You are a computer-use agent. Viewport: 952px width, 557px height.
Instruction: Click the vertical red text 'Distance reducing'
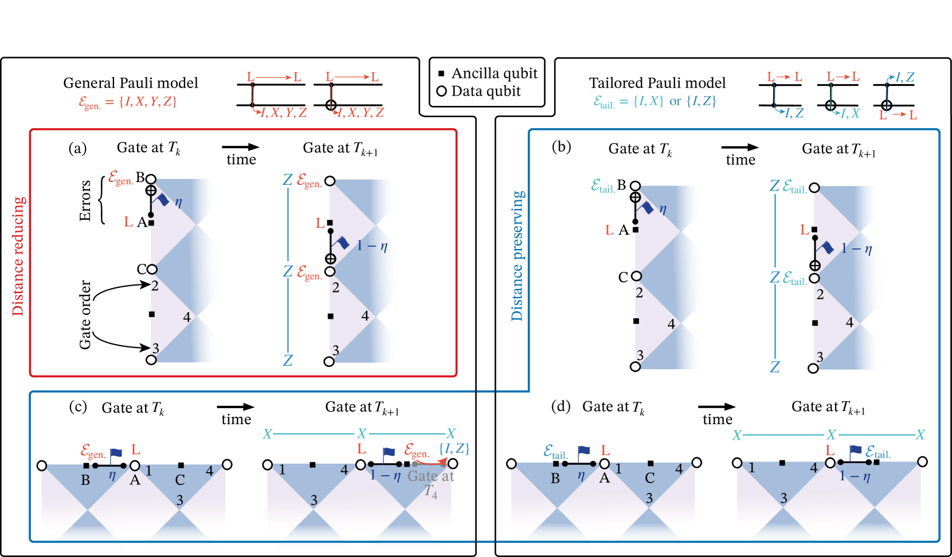[19, 256]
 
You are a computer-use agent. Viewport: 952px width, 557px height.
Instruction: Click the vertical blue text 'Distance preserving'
[518, 255]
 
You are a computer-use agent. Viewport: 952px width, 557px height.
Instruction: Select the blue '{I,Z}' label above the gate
[454, 448]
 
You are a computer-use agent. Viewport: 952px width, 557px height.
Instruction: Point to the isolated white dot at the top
[441, 91]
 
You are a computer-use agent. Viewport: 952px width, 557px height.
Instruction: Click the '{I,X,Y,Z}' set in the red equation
[148, 102]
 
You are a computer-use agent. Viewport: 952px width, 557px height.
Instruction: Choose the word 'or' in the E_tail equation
[676, 101]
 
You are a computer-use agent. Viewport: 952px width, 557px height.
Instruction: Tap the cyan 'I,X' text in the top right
[850, 113]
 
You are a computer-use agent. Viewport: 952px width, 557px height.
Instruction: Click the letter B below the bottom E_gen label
[85, 480]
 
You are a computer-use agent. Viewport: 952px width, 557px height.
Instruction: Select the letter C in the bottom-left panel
[180, 480]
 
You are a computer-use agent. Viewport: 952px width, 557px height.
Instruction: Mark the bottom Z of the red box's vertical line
[288, 360]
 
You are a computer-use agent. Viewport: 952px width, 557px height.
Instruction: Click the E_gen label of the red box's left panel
[120, 178]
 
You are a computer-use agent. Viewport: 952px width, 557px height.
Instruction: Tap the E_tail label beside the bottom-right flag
[877, 452]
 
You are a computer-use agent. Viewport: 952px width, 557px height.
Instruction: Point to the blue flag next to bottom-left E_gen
[116, 455]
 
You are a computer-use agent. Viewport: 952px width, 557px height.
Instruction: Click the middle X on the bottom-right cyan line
[831, 434]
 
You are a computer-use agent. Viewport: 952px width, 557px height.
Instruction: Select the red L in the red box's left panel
[128, 222]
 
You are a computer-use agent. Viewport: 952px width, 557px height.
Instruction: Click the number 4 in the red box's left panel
[187, 317]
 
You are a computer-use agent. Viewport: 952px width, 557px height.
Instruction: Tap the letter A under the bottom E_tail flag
[604, 479]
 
